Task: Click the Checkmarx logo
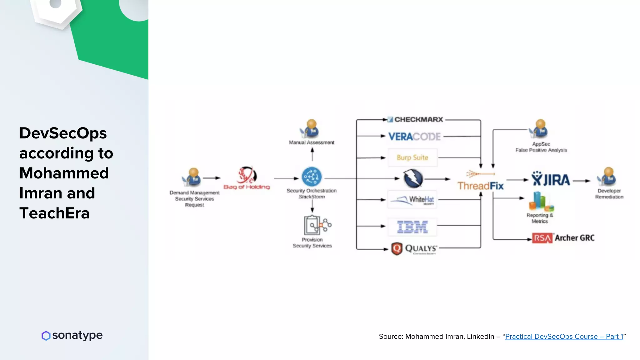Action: pos(415,119)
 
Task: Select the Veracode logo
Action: pos(414,137)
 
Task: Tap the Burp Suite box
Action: pos(412,157)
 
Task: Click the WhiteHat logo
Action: pos(412,199)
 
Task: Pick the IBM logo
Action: pos(412,227)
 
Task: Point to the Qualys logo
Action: pos(414,249)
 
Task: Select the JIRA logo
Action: pos(551,179)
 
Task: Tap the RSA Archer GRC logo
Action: pos(563,238)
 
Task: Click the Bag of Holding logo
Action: pos(247,178)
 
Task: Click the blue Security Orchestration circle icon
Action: pos(312,177)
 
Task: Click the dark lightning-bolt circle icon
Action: pos(413,178)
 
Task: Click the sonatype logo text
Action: pos(77,335)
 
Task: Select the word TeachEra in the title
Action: pos(55,213)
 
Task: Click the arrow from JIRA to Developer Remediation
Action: pos(581,181)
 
